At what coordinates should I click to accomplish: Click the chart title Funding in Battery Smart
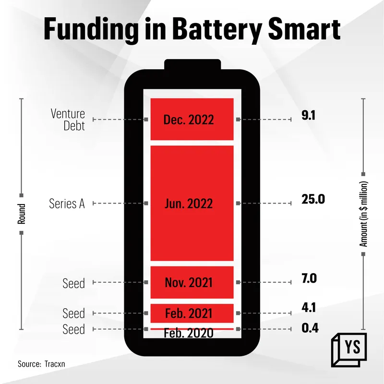[192, 29]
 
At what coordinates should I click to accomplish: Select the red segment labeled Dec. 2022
[192, 119]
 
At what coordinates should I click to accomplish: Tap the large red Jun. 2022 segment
[192, 204]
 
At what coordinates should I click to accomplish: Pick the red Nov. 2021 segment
[192, 282]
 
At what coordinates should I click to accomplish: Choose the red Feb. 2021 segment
[192, 313]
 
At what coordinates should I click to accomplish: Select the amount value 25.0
[313, 199]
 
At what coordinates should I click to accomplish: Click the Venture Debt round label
[68, 120]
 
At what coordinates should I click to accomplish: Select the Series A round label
[67, 204]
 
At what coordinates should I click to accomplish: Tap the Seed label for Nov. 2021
[73, 283]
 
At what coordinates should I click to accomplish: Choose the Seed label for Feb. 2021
[73, 314]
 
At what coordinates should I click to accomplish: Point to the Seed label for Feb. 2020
[73, 329]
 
